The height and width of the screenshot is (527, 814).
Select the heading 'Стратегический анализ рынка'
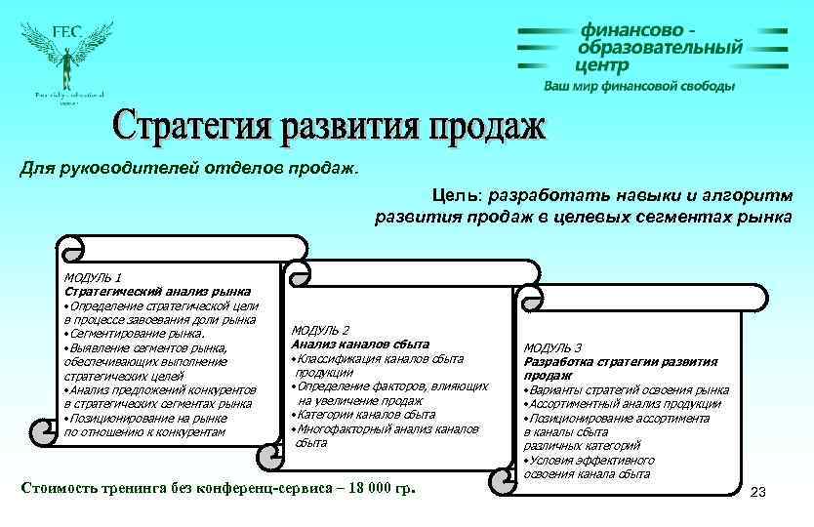pos(157,291)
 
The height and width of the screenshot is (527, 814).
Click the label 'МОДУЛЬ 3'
pos(552,347)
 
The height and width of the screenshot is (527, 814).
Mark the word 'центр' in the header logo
pos(602,65)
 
